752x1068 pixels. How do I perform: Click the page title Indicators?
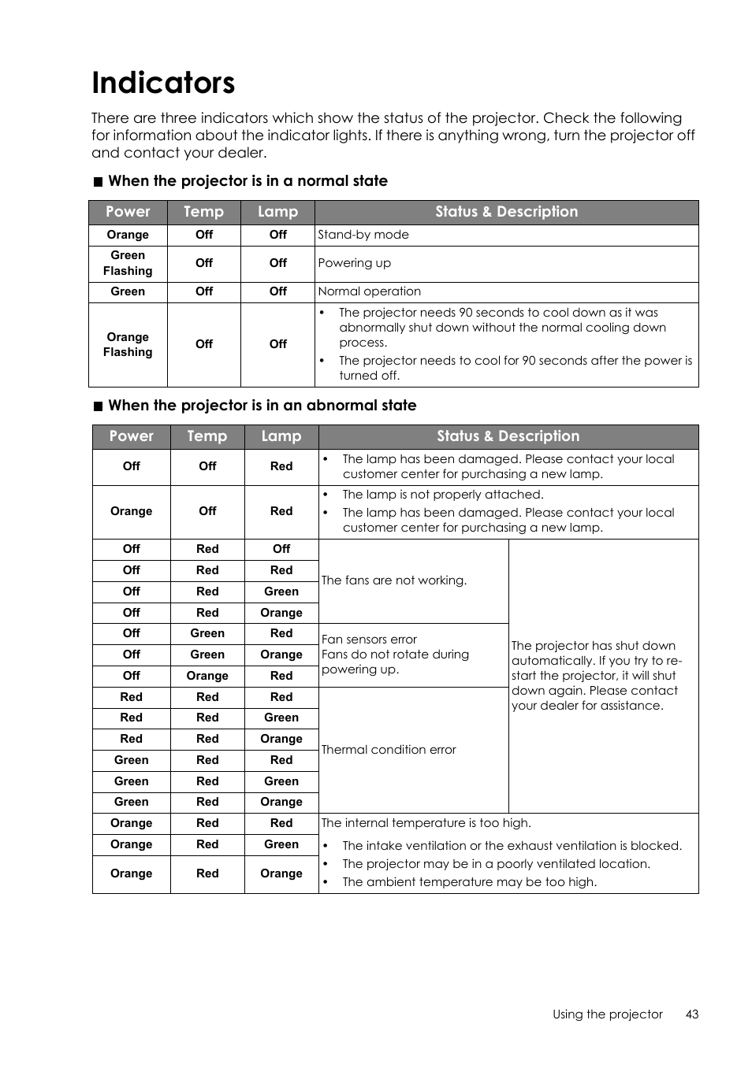(163, 83)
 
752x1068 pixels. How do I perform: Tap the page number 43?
(691, 1014)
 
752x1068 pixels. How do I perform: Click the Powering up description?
(354, 263)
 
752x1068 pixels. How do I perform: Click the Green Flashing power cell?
(128, 263)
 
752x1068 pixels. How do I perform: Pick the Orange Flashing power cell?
(128, 344)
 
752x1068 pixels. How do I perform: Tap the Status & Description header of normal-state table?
(506, 212)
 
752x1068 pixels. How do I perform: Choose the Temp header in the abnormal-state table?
(207, 436)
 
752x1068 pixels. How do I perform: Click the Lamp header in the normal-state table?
(277, 212)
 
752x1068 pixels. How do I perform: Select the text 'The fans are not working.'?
(394, 580)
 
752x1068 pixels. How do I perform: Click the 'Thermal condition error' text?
(389, 750)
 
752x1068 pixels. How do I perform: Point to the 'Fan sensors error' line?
(369, 640)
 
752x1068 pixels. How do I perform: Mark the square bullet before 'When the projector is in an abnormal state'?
(98, 406)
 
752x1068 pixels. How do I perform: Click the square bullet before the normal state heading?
(98, 182)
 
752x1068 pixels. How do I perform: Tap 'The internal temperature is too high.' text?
(426, 823)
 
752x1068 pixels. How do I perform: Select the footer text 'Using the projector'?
(607, 1014)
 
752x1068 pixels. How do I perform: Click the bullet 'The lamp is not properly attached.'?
(442, 495)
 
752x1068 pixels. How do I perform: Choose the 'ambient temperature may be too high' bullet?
(469, 882)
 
